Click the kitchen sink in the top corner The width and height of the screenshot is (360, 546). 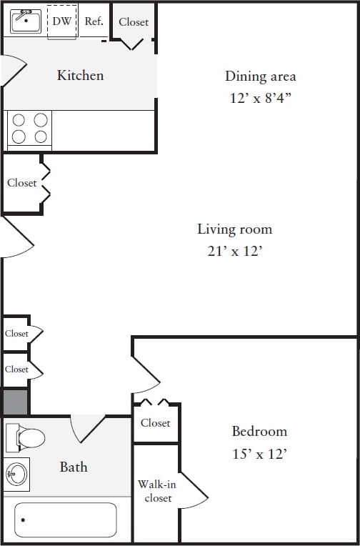(x=26, y=21)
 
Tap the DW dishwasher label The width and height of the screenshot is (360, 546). (x=62, y=21)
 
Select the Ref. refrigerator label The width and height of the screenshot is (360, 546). (x=94, y=21)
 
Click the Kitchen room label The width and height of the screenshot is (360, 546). (x=80, y=75)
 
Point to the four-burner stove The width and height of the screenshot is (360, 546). (x=29, y=129)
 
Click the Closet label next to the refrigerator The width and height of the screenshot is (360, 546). (x=134, y=22)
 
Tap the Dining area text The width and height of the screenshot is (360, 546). (x=260, y=76)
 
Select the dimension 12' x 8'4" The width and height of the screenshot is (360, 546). (x=260, y=98)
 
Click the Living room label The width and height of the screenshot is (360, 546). (x=234, y=229)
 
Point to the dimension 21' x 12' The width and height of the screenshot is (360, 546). (x=234, y=252)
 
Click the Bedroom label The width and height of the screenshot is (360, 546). (x=259, y=432)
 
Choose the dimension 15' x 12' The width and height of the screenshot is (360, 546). (x=259, y=454)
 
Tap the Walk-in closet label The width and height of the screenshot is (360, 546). (x=156, y=491)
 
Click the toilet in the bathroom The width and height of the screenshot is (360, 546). (x=25, y=437)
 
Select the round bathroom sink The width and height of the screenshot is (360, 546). (x=16, y=474)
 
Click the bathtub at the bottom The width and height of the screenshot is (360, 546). (x=66, y=520)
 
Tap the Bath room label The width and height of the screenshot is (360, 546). (x=74, y=467)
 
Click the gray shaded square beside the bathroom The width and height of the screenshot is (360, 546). (x=16, y=402)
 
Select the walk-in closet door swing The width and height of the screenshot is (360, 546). (x=191, y=492)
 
